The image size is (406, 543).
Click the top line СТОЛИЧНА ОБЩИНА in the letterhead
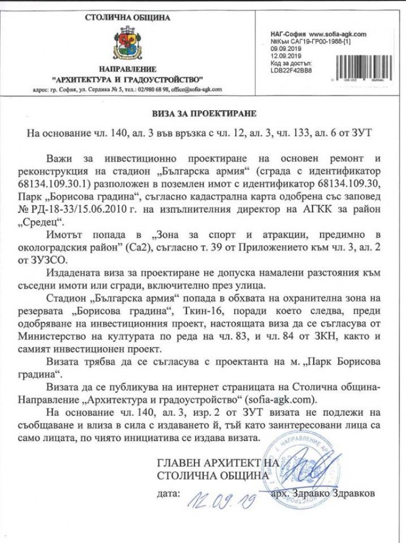(127, 17)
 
